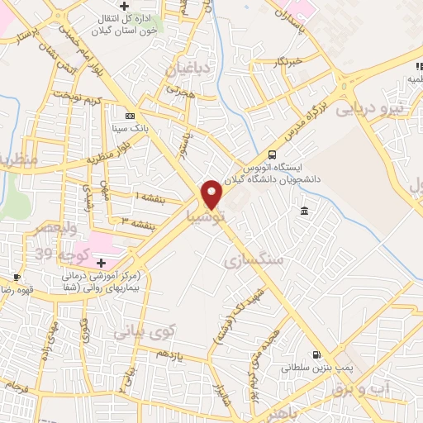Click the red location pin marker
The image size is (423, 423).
pos(212,193)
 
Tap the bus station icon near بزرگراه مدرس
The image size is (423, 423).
pos(272,154)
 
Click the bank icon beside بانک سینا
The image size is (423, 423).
pos(129,116)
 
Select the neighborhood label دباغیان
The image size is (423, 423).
pos(191,67)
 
